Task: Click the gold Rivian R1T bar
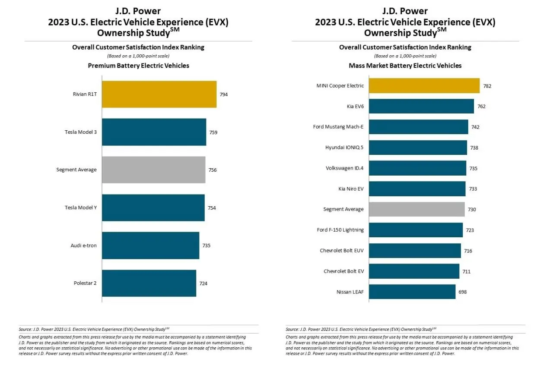tap(159, 94)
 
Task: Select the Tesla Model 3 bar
tap(154, 132)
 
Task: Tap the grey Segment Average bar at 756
tap(153, 170)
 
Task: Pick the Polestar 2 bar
tap(149, 283)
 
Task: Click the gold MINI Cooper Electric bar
tap(424, 85)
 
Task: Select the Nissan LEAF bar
tap(412, 292)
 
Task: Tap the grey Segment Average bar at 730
tap(417, 209)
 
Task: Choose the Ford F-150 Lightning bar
tap(416, 230)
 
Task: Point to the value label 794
tap(223, 94)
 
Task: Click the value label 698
tap(462, 292)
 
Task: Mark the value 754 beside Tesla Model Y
tap(212, 208)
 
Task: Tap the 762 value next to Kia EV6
tap(481, 107)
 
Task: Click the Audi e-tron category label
tap(83, 245)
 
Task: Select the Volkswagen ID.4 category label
tap(344, 168)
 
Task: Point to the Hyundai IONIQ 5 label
tap(344, 148)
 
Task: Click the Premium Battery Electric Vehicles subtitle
tap(138, 66)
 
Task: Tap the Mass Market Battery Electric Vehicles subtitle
tap(405, 66)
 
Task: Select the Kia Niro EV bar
tap(417, 189)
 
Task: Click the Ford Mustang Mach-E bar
tap(419, 127)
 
